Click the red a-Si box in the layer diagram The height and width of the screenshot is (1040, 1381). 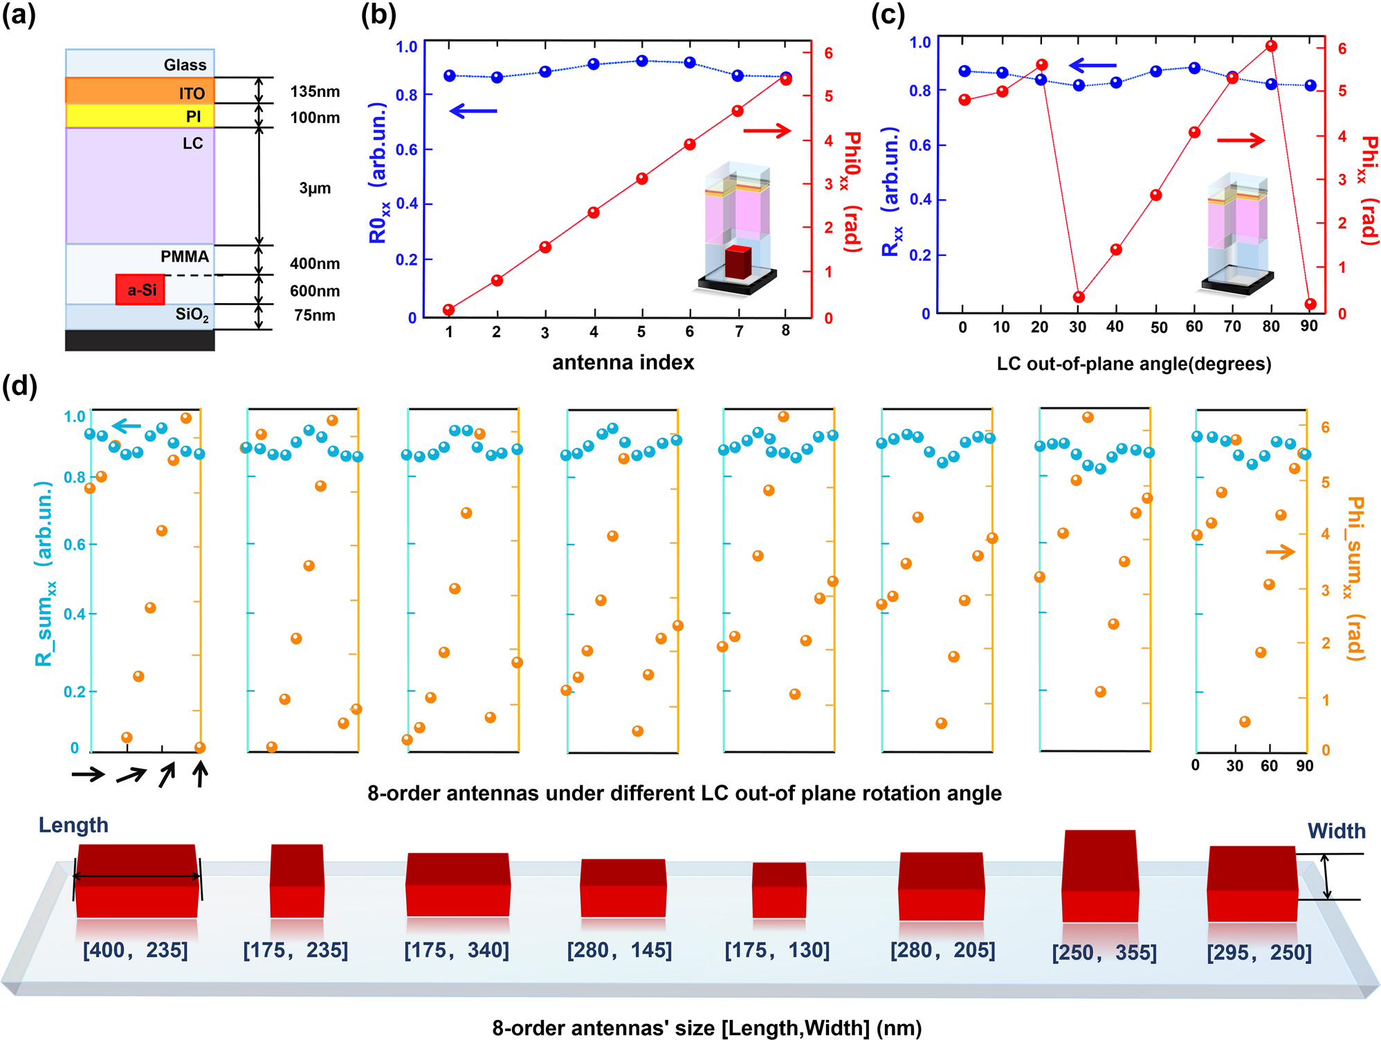point(140,289)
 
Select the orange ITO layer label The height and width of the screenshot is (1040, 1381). point(192,93)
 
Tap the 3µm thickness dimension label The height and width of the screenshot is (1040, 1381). point(315,188)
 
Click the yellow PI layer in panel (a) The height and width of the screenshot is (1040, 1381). point(140,116)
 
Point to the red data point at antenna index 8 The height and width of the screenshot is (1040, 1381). point(785,80)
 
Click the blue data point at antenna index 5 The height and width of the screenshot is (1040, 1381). point(641,61)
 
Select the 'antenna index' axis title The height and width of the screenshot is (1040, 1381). point(623,363)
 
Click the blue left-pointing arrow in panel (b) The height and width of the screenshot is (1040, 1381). point(473,111)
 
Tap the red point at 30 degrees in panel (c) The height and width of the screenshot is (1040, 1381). point(1078,297)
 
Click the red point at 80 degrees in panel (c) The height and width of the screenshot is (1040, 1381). point(1271,46)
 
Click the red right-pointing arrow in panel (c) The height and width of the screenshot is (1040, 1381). point(1241,140)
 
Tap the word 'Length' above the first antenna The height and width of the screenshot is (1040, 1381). point(73,825)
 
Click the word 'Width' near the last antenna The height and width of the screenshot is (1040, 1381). point(1336,830)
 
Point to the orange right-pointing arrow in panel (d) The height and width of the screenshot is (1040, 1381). point(1280,551)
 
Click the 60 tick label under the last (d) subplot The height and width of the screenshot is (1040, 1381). point(1269,766)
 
